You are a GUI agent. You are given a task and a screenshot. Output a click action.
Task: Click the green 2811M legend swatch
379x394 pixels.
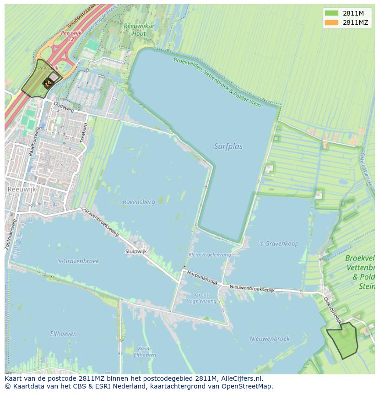click(x=331, y=13)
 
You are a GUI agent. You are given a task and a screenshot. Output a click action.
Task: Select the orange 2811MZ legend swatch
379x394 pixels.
click(x=331, y=22)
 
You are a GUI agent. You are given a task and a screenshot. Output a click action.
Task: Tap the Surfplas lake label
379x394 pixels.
click(x=228, y=146)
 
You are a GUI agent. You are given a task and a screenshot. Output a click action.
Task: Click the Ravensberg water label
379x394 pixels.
click(x=139, y=201)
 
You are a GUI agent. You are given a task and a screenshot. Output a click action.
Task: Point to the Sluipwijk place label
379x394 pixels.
click(x=136, y=251)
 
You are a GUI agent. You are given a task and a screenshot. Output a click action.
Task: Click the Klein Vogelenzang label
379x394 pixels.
click(x=210, y=255)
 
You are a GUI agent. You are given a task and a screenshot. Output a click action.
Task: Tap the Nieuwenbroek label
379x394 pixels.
click(x=270, y=339)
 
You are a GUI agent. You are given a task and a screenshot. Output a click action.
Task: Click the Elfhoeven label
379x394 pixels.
click(x=63, y=334)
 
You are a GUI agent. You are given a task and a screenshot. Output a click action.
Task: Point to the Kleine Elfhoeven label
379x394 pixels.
click(x=145, y=351)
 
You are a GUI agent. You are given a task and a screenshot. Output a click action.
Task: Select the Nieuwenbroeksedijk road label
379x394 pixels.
click(x=253, y=286)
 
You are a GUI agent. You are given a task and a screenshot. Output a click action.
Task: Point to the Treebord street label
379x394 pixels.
click(x=84, y=133)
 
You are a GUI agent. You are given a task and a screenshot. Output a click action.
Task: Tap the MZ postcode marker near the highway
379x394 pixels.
click(x=48, y=83)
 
